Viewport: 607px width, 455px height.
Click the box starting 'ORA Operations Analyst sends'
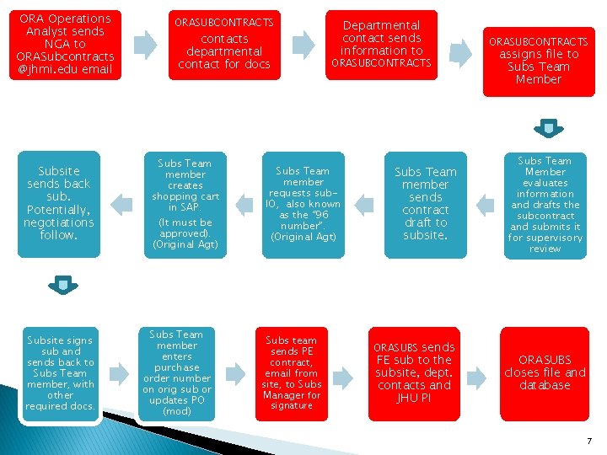tap(64, 45)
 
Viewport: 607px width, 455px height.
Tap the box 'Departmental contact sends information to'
tap(381, 45)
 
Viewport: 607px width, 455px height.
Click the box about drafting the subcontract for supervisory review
tap(545, 204)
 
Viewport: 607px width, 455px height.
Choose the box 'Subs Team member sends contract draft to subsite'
tap(425, 204)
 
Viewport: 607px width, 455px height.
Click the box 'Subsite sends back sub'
tap(58, 204)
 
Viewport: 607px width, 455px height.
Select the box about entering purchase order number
tap(177, 373)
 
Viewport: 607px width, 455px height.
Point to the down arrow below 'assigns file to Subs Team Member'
tap(547, 128)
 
